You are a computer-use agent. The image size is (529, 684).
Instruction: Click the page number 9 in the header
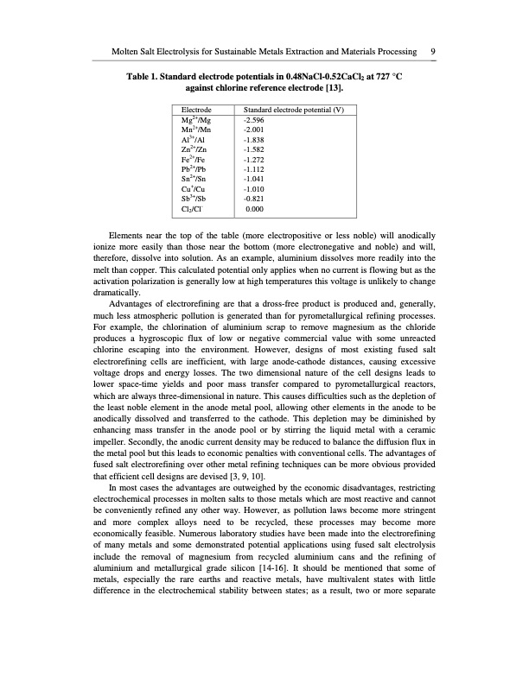coord(431,53)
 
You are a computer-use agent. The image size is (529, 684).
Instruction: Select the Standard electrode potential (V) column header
coord(294,111)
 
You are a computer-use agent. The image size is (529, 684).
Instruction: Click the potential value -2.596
coord(255,121)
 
